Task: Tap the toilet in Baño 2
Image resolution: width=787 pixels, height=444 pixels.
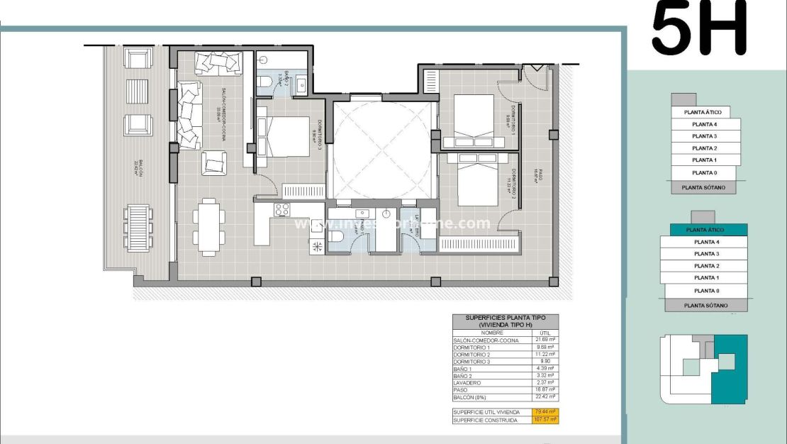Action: [x=264, y=84]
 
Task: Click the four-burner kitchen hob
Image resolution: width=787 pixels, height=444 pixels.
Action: [x=281, y=210]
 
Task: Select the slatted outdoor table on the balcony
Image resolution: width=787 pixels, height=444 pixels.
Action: [x=138, y=227]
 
